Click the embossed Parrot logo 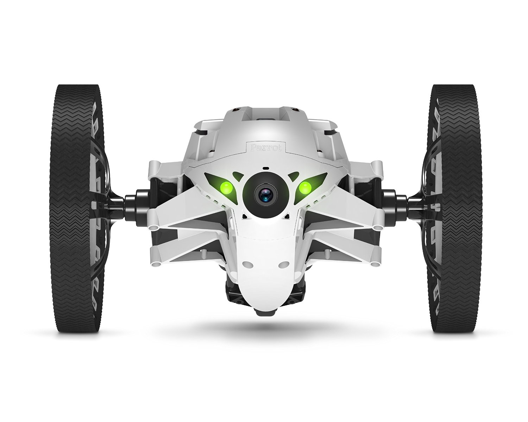[x=265, y=147]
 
